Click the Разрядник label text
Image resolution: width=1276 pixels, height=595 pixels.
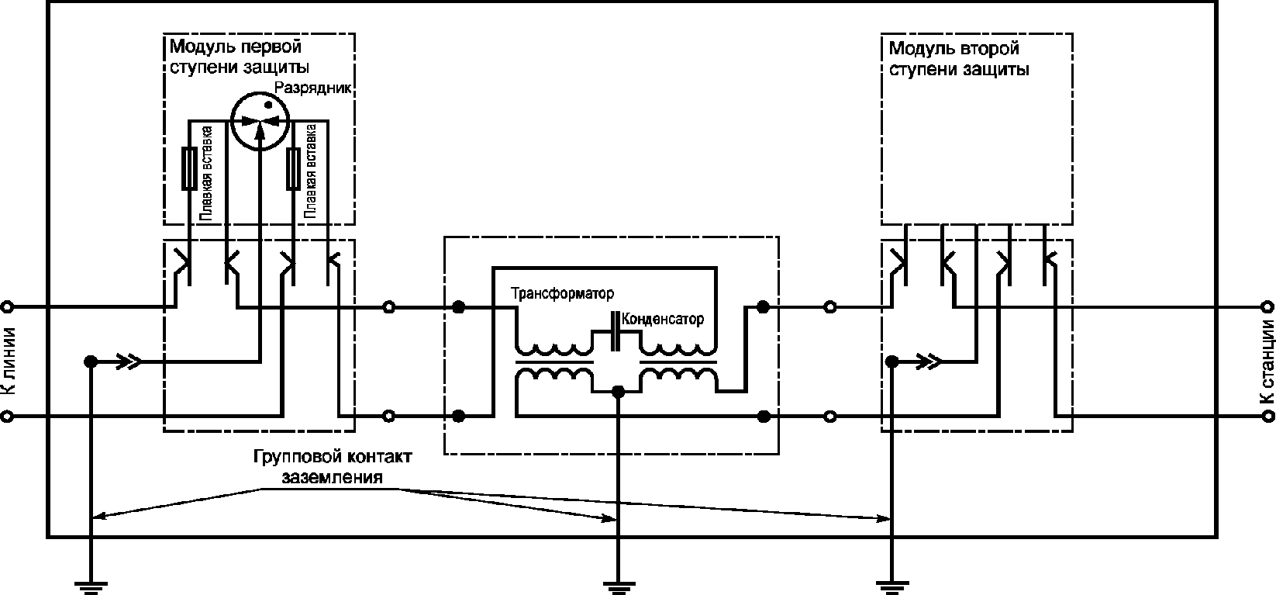(x=312, y=88)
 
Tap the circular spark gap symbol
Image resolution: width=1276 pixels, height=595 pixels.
(x=260, y=121)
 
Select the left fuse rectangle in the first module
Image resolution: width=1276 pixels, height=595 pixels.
(x=189, y=168)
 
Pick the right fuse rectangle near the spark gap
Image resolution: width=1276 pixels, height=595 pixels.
(x=293, y=168)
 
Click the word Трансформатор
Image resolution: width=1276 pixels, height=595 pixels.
(x=562, y=293)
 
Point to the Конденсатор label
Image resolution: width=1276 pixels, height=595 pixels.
(x=663, y=319)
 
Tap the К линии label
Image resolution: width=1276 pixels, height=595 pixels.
(x=8, y=361)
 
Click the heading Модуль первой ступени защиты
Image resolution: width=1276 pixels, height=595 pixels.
(x=240, y=57)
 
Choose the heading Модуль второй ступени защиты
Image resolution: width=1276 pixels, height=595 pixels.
(x=959, y=59)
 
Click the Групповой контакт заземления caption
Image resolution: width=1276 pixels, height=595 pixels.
(x=333, y=466)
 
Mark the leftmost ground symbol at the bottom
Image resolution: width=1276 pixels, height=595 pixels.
(x=91, y=587)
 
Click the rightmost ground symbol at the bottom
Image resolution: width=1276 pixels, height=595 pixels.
(x=892, y=587)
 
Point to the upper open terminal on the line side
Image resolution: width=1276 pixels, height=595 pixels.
(x=6, y=307)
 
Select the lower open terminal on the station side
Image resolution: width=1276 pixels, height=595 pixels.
(x=1269, y=417)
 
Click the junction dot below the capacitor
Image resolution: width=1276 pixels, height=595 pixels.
(x=618, y=392)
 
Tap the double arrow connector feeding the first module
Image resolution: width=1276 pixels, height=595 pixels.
(x=129, y=361)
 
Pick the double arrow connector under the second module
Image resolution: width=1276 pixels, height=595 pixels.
(x=929, y=361)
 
